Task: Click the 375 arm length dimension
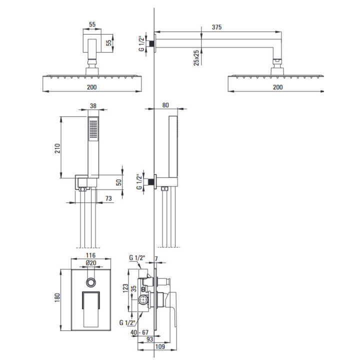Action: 216,27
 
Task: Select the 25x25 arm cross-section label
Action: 196,58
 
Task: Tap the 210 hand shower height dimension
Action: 57,148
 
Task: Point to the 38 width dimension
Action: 93,106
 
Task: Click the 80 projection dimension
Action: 165,105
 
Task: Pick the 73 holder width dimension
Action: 108,198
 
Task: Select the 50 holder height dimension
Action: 118,182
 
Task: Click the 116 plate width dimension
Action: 90,255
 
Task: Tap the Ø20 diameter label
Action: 91,263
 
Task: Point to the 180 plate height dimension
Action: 57,297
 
